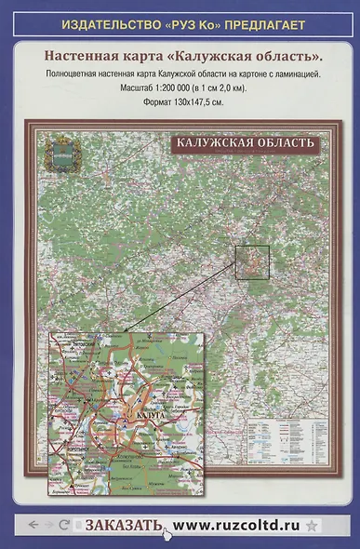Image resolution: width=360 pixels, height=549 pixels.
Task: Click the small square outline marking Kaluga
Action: (x=252, y=263)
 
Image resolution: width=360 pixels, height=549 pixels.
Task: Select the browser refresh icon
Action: (x=64, y=525)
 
